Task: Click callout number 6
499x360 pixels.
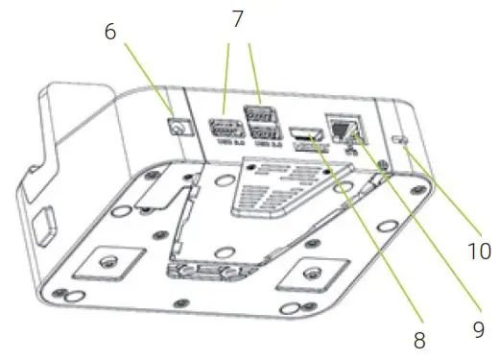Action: pos(110,31)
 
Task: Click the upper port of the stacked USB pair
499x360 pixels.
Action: pos(256,113)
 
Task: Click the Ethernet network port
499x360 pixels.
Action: pos(343,127)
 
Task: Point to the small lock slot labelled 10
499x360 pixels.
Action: pos(403,142)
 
